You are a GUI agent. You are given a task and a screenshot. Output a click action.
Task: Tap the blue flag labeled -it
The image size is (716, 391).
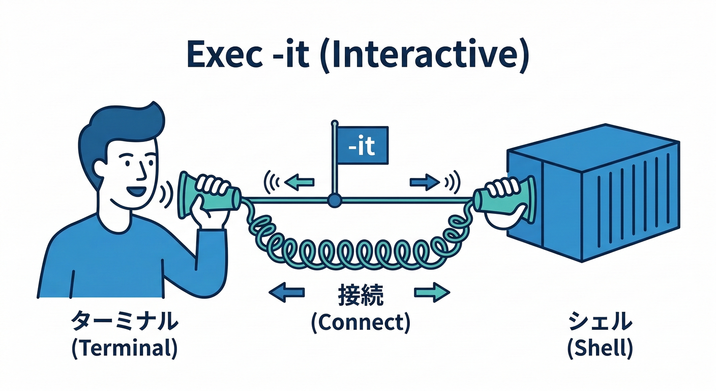pos(363,147)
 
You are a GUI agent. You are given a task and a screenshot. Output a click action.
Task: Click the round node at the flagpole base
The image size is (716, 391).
pos(334,202)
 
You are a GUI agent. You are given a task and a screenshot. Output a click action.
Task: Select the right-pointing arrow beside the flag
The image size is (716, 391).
pos(423,181)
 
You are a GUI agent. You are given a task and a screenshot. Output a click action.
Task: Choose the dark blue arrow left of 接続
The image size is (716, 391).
pos(286,292)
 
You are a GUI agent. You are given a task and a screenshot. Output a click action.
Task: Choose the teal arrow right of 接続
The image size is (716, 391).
pos(432,292)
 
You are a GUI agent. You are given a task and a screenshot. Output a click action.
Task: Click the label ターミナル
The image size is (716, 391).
pos(125,322)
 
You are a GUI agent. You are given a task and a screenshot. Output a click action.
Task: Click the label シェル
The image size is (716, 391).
pos(600,322)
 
